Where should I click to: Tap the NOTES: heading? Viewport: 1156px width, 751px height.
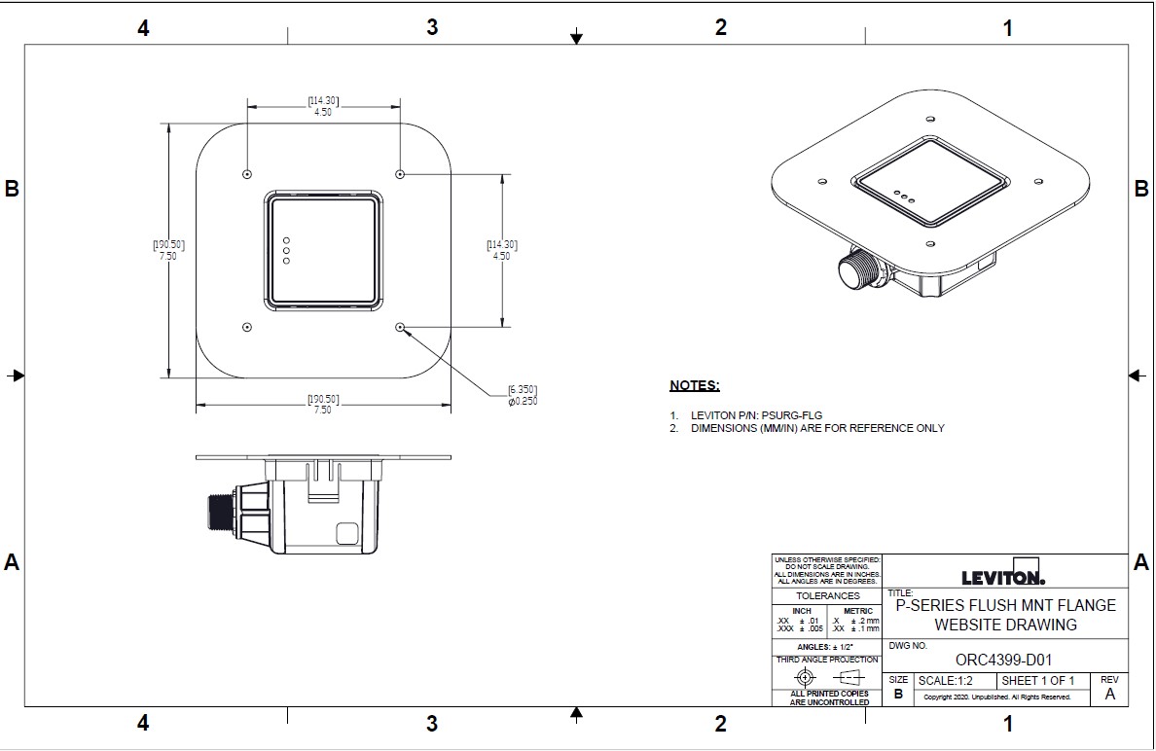(694, 386)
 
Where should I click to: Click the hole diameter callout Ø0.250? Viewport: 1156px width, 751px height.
(522, 401)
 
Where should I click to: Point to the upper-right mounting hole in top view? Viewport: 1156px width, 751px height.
(400, 173)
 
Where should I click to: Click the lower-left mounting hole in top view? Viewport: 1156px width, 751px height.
(247, 328)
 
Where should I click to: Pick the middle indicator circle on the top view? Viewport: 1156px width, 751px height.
(286, 250)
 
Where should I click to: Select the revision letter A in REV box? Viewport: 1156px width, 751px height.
(1109, 695)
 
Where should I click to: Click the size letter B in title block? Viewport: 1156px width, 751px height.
(898, 695)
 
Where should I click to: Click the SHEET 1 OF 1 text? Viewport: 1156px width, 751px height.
(1037, 680)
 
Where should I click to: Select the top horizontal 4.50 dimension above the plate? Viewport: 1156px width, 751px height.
(323, 112)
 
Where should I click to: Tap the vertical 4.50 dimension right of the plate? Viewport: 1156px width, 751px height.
(501, 256)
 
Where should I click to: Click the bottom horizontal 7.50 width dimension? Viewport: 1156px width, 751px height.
(322, 410)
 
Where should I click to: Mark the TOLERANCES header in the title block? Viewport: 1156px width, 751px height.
(827, 595)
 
